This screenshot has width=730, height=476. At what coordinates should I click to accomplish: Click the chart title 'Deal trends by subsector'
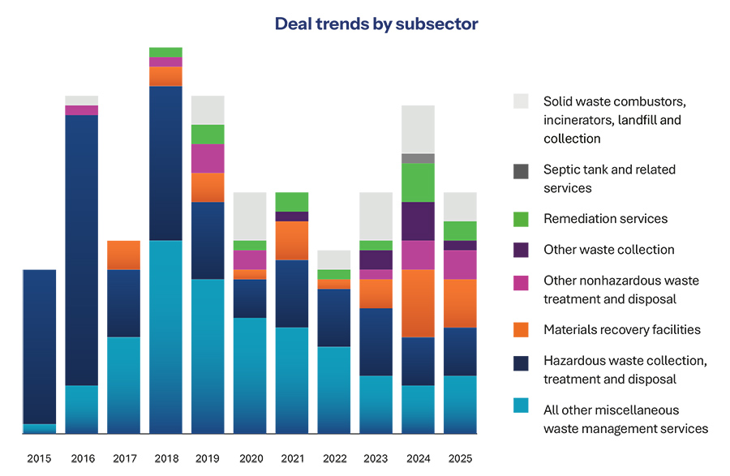tap(376, 24)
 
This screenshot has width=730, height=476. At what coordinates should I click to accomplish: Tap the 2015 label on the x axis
tap(39, 458)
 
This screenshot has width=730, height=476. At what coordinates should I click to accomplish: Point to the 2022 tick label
tap(334, 458)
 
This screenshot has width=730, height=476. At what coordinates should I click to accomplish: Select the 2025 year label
tap(460, 458)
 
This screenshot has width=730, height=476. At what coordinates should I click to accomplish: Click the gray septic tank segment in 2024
tap(418, 158)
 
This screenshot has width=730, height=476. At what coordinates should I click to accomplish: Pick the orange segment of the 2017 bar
tap(123, 255)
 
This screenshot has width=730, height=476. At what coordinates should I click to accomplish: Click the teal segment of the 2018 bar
tap(165, 337)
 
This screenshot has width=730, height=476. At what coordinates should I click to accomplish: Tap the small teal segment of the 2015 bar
tap(39, 428)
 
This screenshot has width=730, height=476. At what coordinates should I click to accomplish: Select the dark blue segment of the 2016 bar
tap(81, 250)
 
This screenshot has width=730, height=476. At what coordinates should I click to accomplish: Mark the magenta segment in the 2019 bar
tap(208, 158)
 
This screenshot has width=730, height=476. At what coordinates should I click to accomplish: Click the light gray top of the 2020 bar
tap(250, 216)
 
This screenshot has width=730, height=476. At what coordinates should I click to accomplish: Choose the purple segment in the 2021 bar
tap(292, 217)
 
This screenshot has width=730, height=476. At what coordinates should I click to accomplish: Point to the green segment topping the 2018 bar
tap(165, 52)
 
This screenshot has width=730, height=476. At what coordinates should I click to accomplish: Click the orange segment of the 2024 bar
tap(418, 302)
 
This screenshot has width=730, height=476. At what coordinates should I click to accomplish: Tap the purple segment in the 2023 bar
tap(376, 259)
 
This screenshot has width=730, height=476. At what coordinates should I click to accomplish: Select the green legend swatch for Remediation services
tap(521, 218)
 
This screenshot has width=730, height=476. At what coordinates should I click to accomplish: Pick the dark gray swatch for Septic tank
tap(521, 171)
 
